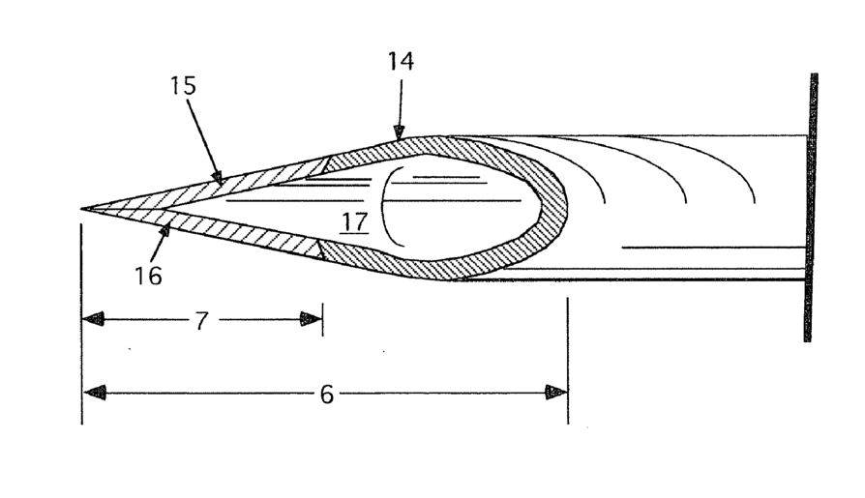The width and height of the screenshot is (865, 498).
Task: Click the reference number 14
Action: [400, 62]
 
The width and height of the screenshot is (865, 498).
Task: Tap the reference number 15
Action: [182, 86]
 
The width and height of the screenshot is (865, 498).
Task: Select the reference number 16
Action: [148, 277]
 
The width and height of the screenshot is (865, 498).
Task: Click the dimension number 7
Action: [201, 321]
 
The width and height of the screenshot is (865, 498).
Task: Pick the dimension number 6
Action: [326, 394]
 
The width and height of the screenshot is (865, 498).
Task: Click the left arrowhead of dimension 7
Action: [93, 319]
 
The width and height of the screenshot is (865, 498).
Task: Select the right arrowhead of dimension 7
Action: [311, 319]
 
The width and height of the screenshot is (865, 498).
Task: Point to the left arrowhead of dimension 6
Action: [94, 392]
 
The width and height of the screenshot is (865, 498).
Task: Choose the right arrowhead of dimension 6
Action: [556, 392]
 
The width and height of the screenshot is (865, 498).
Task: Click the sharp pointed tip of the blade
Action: [83, 208]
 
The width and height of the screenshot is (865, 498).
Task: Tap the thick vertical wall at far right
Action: [810, 208]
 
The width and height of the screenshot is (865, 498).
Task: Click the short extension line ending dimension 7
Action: [322, 320]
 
